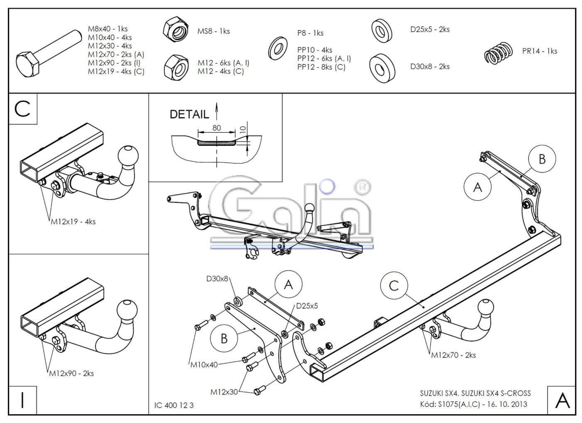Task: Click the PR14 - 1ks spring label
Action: (x=539, y=51)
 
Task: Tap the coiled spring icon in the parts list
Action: (x=498, y=53)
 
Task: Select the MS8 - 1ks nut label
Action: (x=213, y=31)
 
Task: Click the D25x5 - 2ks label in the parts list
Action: (x=430, y=30)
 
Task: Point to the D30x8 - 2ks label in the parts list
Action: (x=430, y=66)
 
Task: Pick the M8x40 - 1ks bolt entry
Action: (x=108, y=29)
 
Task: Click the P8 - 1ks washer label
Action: (x=310, y=33)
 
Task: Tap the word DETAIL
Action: (x=189, y=114)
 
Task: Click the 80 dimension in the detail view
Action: (x=216, y=128)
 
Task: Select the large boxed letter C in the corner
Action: (x=22, y=109)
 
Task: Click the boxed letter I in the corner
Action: (x=22, y=400)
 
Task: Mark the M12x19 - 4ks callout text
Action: (x=73, y=221)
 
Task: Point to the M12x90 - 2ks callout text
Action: (x=71, y=374)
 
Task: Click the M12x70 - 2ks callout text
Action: (x=453, y=355)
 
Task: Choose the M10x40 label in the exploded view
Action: (x=204, y=365)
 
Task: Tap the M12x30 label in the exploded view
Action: (x=224, y=392)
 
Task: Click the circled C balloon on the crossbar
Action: (x=394, y=285)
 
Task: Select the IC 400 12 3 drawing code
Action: (x=174, y=405)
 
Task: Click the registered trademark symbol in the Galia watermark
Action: (x=362, y=187)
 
